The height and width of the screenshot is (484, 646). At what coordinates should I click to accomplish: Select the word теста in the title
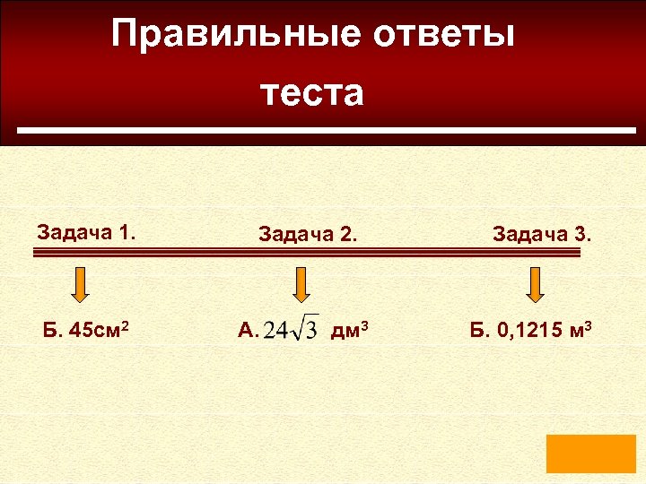tap(313, 92)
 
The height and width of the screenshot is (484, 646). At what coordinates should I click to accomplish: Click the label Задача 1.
tap(86, 233)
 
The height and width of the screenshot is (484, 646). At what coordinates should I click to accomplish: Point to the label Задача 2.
tap(308, 235)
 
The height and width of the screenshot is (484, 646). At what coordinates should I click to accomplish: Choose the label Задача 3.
tap(542, 235)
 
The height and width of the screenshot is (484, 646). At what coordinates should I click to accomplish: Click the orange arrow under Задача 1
tap(80, 284)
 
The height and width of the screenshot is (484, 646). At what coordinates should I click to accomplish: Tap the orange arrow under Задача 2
tap(301, 284)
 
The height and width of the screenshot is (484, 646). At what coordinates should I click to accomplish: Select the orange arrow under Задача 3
tap(536, 284)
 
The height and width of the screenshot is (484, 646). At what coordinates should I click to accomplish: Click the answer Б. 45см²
tap(88, 332)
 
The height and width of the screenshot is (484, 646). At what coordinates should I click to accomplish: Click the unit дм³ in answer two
tap(350, 332)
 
